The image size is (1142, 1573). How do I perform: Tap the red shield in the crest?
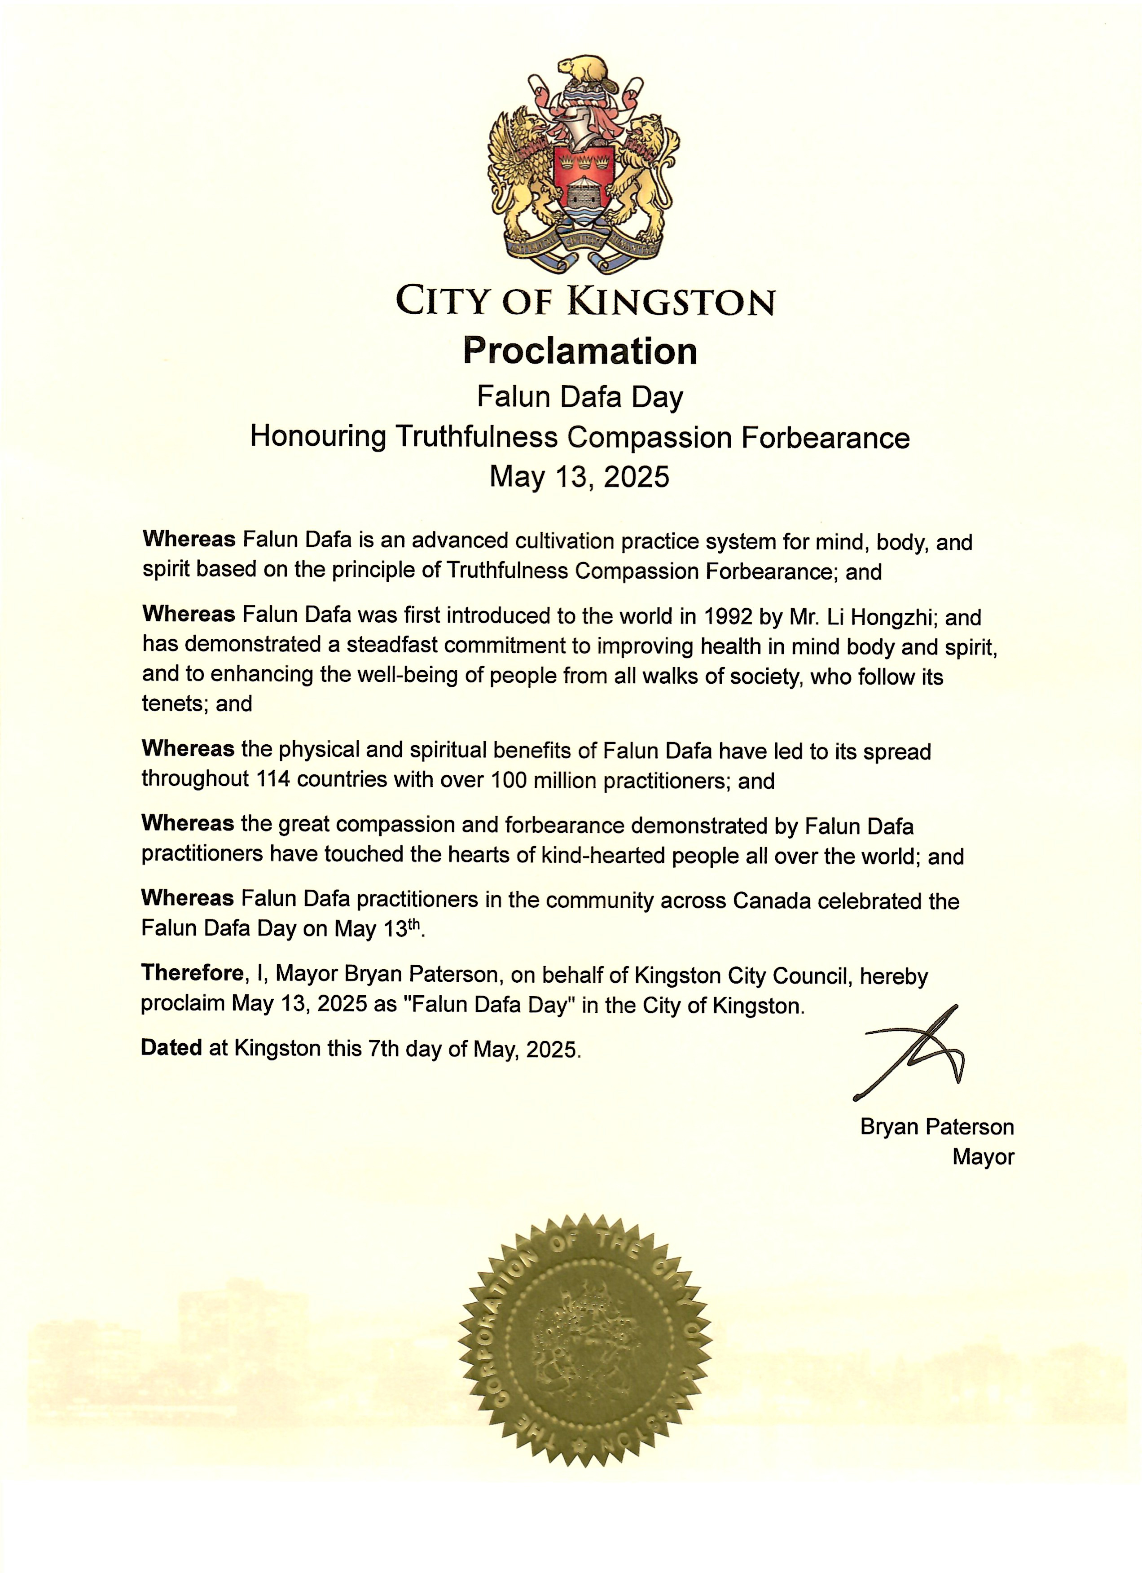coord(584,184)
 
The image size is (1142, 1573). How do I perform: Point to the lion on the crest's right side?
coord(647,173)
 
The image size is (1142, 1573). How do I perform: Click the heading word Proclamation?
coord(580,351)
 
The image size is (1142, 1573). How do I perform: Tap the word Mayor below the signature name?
coord(983,1157)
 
